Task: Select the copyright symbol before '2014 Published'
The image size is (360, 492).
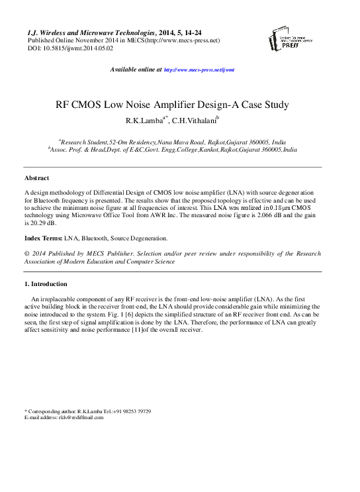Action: pyautogui.click(x=26, y=253)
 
